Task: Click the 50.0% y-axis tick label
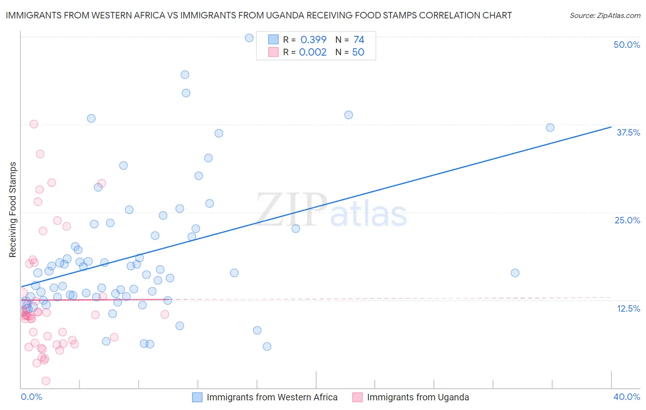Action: [627, 45]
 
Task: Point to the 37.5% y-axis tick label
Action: [628, 132]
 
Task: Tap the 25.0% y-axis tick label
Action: [627, 220]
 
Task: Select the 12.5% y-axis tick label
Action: [628, 308]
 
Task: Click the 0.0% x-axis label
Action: [31, 397]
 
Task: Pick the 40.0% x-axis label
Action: [627, 397]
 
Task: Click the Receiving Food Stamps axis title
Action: [13, 210]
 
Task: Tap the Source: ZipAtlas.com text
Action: [605, 16]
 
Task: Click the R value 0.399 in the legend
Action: [313, 40]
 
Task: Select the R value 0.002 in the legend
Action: [313, 52]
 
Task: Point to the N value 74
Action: [359, 40]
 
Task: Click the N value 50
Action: [358, 52]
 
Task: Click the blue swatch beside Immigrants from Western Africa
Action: [197, 397]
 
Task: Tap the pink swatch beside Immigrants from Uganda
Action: [357, 397]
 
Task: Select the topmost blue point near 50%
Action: [249, 38]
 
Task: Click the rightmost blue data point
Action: [550, 127]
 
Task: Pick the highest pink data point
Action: [34, 124]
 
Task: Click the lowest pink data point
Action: [46, 381]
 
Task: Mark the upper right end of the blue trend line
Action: [611, 127]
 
